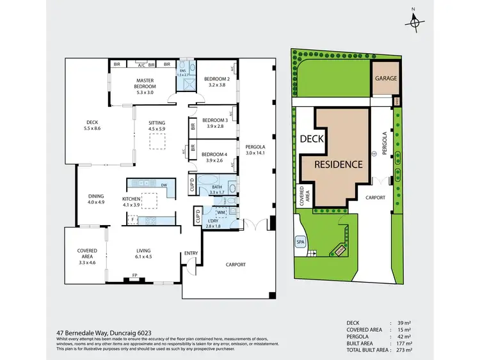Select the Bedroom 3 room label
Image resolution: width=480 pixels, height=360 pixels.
(215, 120)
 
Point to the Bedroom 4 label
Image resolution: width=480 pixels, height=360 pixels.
(215, 154)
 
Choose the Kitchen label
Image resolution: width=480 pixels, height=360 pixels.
(131, 200)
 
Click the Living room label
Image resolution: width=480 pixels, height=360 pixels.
(143, 251)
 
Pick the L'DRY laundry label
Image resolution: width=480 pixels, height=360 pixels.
(212, 222)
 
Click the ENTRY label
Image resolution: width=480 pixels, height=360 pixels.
(191, 253)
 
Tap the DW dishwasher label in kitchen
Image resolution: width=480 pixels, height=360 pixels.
(164, 185)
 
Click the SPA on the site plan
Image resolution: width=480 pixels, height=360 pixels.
(300, 242)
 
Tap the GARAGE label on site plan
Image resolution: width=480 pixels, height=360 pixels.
(386, 79)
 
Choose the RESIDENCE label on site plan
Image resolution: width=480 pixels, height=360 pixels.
(338, 164)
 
